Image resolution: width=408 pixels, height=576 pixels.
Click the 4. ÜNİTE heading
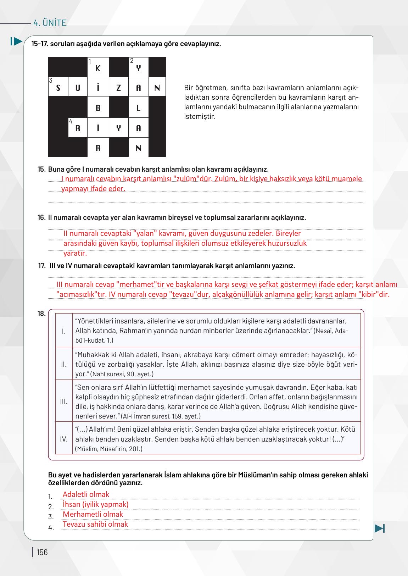pyautogui.click(x=50, y=23)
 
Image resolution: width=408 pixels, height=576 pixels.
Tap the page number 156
pyautogui.click(x=42, y=552)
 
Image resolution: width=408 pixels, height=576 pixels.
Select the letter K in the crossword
pyautogui.click(x=98, y=68)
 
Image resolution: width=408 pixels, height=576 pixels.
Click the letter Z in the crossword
pyautogui.click(x=118, y=88)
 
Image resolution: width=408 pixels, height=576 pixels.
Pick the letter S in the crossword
pyautogui.click(x=58, y=88)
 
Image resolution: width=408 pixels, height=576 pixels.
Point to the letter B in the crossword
pyautogui.click(x=98, y=108)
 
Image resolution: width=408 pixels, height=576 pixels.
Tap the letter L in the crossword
pyautogui.click(x=138, y=108)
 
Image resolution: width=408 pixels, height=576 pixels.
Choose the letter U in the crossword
pyautogui.click(x=78, y=88)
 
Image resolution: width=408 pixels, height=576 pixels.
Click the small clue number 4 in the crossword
pyautogui.click(x=71, y=121)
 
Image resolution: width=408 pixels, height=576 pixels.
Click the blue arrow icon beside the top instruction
pyautogui.click(x=16, y=41)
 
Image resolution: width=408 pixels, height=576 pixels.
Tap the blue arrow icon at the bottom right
pyautogui.click(x=379, y=528)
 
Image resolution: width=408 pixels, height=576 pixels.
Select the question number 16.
pyautogui.click(x=41, y=217)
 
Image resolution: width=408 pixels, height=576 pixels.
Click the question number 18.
pyautogui.click(x=41, y=314)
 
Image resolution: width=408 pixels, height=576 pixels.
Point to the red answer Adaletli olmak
pyautogui.click(x=86, y=494)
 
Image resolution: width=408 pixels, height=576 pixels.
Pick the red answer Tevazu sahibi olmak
pyautogui.click(x=95, y=524)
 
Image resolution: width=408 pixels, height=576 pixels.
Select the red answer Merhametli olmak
pyautogui.click(x=93, y=514)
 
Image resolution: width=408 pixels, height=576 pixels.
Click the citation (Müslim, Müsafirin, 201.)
pyautogui.click(x=109, y=449)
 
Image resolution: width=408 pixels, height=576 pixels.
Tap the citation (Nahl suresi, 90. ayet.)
pyautogui.click(x=122, y=374)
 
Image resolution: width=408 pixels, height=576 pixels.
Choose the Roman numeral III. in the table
pyautogui.click(x=64, y=401)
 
